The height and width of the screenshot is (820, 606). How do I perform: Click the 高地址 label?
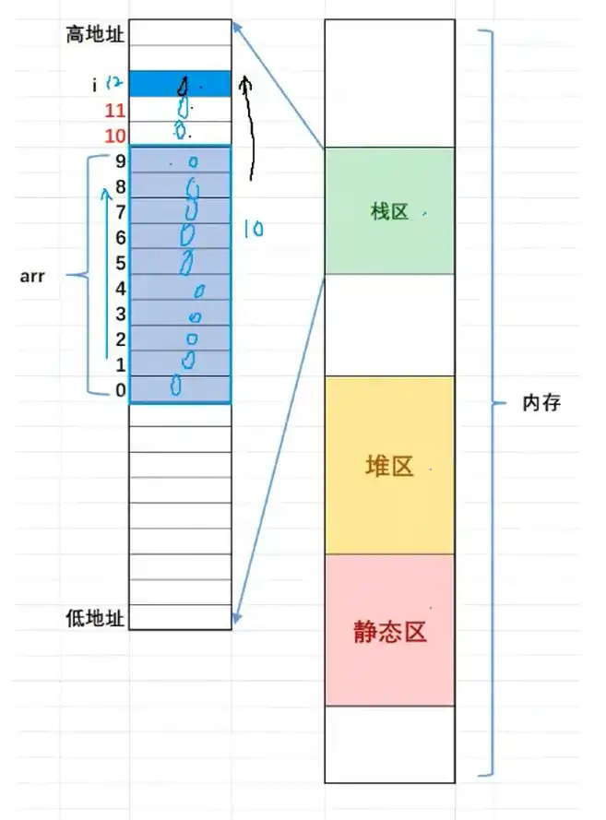[x=95, y=34]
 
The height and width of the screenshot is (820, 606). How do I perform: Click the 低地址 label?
[x=95, y=616]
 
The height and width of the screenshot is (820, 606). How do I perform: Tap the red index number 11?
[x=114, y=112]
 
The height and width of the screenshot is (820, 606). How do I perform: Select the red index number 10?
[x=114, y=136]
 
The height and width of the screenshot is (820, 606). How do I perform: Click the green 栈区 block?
[x=389, y=211]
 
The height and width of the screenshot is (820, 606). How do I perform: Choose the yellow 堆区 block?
[x=389, y=465]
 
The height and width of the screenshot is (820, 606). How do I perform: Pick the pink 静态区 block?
[x=389, y=631]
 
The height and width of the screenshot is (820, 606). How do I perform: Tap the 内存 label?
[x=541, y=403]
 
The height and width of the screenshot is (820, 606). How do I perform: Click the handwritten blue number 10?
[x=253, y=228]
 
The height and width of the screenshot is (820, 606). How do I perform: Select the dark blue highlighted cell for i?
[x=180, y=85]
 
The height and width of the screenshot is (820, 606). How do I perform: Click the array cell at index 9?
[x=180, y=160]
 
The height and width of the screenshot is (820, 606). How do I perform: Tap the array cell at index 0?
[x=180, y=390]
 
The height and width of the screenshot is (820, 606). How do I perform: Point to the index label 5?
[x=120, y=263]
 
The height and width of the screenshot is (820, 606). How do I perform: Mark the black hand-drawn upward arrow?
[x=250, y=129]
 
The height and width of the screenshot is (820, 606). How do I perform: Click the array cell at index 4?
[x=180, y=288]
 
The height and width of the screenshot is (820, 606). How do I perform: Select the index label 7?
[x=120, y=211]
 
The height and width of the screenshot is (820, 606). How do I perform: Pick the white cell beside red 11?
[x=180, y=110]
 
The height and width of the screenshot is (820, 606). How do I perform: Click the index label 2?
[x=120, y=339]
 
